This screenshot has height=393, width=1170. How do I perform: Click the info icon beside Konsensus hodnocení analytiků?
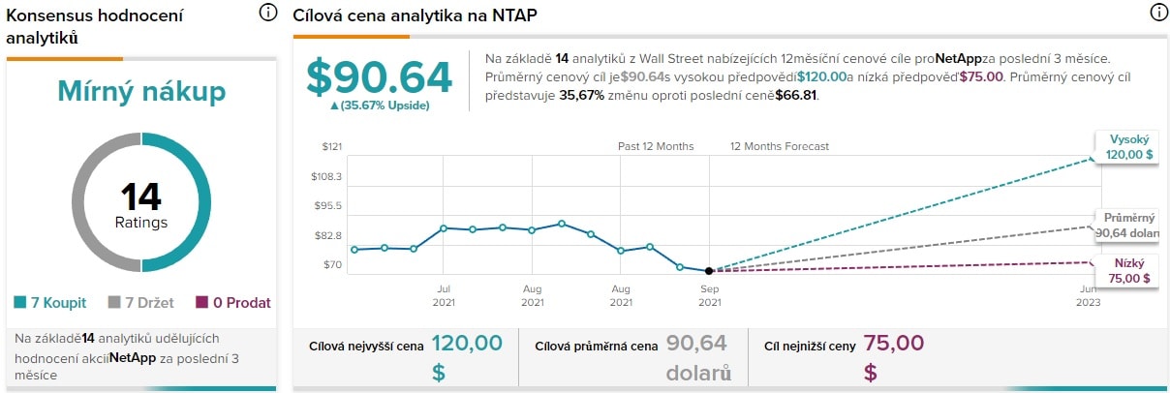[x=268, y=14]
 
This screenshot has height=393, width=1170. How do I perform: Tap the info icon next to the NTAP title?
[x=1157, y=14]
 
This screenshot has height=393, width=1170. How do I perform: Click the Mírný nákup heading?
[x=141, y=92]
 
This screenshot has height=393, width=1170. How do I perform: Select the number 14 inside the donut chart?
[x=141, y=197]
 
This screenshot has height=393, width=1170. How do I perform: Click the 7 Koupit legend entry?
[x=50, y=303]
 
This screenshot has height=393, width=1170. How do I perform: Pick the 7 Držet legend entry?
[x=141, y=303]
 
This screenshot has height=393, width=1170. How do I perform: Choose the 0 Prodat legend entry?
[x=233, y=303]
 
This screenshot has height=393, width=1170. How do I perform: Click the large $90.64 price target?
[x=380, y=77]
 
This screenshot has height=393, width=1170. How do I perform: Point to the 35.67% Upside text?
[x=380, y=106]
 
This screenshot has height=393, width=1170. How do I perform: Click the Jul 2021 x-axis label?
[x=443, y=295]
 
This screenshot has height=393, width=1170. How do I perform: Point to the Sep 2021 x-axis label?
[x=710, y=295]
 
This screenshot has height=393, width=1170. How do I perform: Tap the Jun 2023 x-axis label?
[x=1088, y=295]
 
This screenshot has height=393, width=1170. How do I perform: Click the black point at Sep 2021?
[x=710, y=271]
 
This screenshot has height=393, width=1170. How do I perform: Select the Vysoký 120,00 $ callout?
[x=1128, y=146]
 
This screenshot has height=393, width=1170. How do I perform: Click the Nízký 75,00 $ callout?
[x=1128, y=270]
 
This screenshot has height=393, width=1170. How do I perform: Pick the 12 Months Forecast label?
[x=780, y=147]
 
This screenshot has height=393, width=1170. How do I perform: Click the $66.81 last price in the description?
[x=797, y=96]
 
